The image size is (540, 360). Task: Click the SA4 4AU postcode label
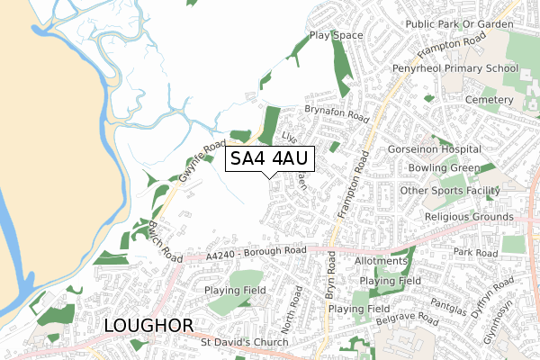click(x=269, y=159)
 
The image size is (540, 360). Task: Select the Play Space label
click(x=336, y=36)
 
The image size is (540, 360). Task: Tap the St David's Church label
click(x=244, y=342)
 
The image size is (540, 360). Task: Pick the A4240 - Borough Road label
click(x=256, y=253)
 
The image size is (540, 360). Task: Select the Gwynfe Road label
click(x=200, y=162)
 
